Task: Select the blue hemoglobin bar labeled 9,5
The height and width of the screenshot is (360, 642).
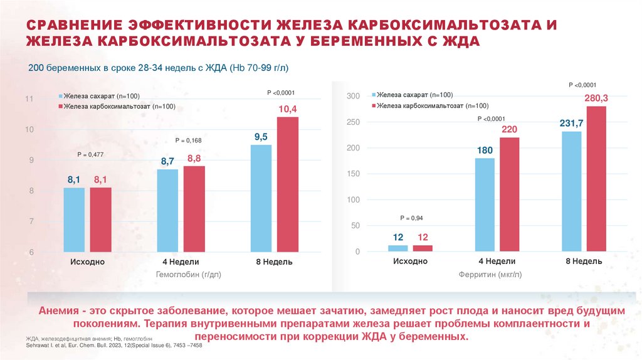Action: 261,198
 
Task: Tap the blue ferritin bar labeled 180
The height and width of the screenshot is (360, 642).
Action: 485,204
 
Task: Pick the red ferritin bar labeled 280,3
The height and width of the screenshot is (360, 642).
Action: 596,179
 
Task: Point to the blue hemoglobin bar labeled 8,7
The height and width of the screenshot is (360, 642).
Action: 167,211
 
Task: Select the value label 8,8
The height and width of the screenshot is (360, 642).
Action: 194,158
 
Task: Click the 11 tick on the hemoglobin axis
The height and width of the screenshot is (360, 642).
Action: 29,99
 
